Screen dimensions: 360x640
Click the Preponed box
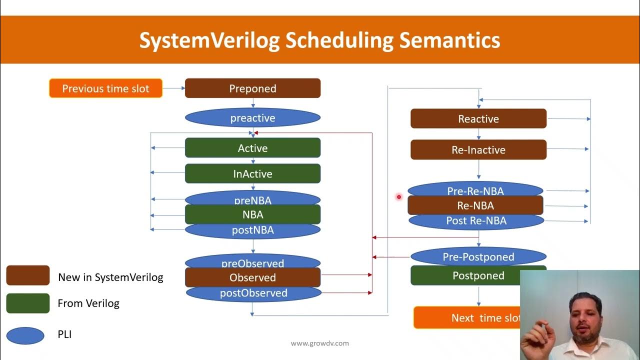click(252, 88)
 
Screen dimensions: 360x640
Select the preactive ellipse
click(252, 118)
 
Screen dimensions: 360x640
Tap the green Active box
click(252, 148)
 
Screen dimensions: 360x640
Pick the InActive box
click(252, 174)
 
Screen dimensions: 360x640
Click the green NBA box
click(252, 214)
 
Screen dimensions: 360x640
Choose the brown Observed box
click(252, 277)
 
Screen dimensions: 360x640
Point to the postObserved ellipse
click(253, 293)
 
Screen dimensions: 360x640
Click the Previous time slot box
click(105, 88)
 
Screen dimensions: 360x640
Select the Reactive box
click(478, 119)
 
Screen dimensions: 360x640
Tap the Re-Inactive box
click(478, 150)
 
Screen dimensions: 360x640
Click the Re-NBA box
click(475, 205)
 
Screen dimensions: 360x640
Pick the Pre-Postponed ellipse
click(478, 257)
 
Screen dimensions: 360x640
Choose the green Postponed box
click(478, 275)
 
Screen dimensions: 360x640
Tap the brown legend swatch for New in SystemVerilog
click(28, 275)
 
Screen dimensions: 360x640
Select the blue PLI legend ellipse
click(25, 335)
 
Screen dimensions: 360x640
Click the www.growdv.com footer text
click(320, 343)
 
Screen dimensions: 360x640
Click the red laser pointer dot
click(399, 197)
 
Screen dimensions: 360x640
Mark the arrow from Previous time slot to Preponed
click(173, 88)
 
